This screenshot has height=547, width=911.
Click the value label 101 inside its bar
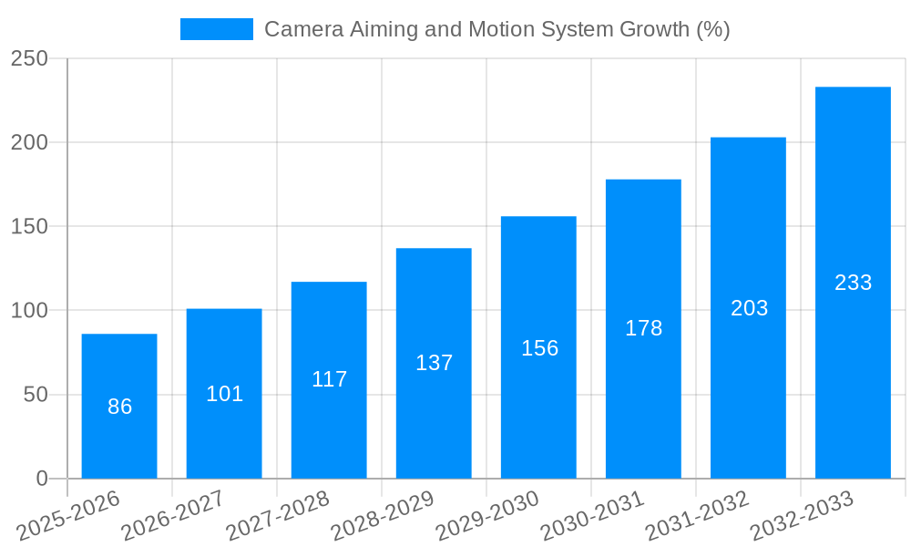coord(224,394)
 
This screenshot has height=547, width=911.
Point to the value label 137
coord(434,363)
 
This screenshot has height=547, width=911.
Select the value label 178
coord(643,328)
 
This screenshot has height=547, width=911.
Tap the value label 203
coord(749,308)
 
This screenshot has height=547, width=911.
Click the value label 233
coord(853,283)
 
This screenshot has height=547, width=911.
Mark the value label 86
coord(119,407)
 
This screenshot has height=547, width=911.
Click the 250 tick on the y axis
coord(29,58)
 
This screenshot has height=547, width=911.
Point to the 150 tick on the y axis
coord(29,226)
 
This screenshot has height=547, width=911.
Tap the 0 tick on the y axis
coord(42,479)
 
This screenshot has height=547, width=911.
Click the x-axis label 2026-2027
coord(174,516)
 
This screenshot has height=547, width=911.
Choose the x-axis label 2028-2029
coord(384,516)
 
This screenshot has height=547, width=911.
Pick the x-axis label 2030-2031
coord(593,516)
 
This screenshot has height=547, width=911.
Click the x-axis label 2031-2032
coord(698,516)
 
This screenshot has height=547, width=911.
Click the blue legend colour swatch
coord(217,29)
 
